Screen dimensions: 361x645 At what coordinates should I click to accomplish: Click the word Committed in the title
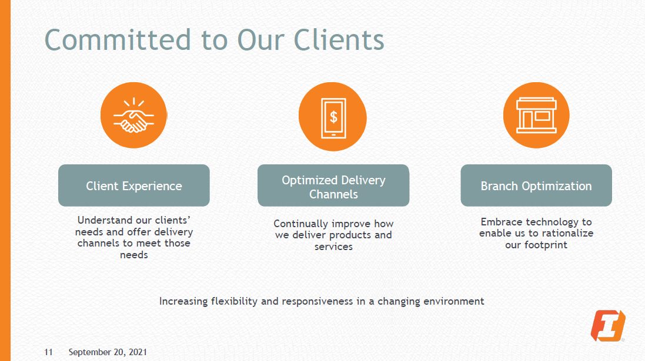(118, 40)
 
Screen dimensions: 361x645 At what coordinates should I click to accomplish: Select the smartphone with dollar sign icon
(333, 116)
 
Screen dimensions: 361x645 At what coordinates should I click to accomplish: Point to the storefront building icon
(536, 115)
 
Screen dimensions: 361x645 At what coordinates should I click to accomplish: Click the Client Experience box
(134, 185)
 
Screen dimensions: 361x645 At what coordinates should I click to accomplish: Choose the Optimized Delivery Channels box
(333, 185)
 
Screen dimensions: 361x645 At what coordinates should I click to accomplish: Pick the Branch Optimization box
(536, 185)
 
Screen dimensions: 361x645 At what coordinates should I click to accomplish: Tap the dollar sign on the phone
(333, 116)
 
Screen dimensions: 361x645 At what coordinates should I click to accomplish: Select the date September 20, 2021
(108, 352)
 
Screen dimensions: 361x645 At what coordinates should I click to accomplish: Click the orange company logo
(607, 325)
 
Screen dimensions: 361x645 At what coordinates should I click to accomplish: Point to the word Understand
(103, 220)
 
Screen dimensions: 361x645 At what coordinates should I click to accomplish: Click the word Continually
(300, 224)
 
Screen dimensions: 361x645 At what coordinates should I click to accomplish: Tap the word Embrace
(502, 222)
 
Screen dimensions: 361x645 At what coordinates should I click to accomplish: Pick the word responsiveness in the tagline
(320, 301)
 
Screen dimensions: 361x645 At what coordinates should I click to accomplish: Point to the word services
(333, 246)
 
